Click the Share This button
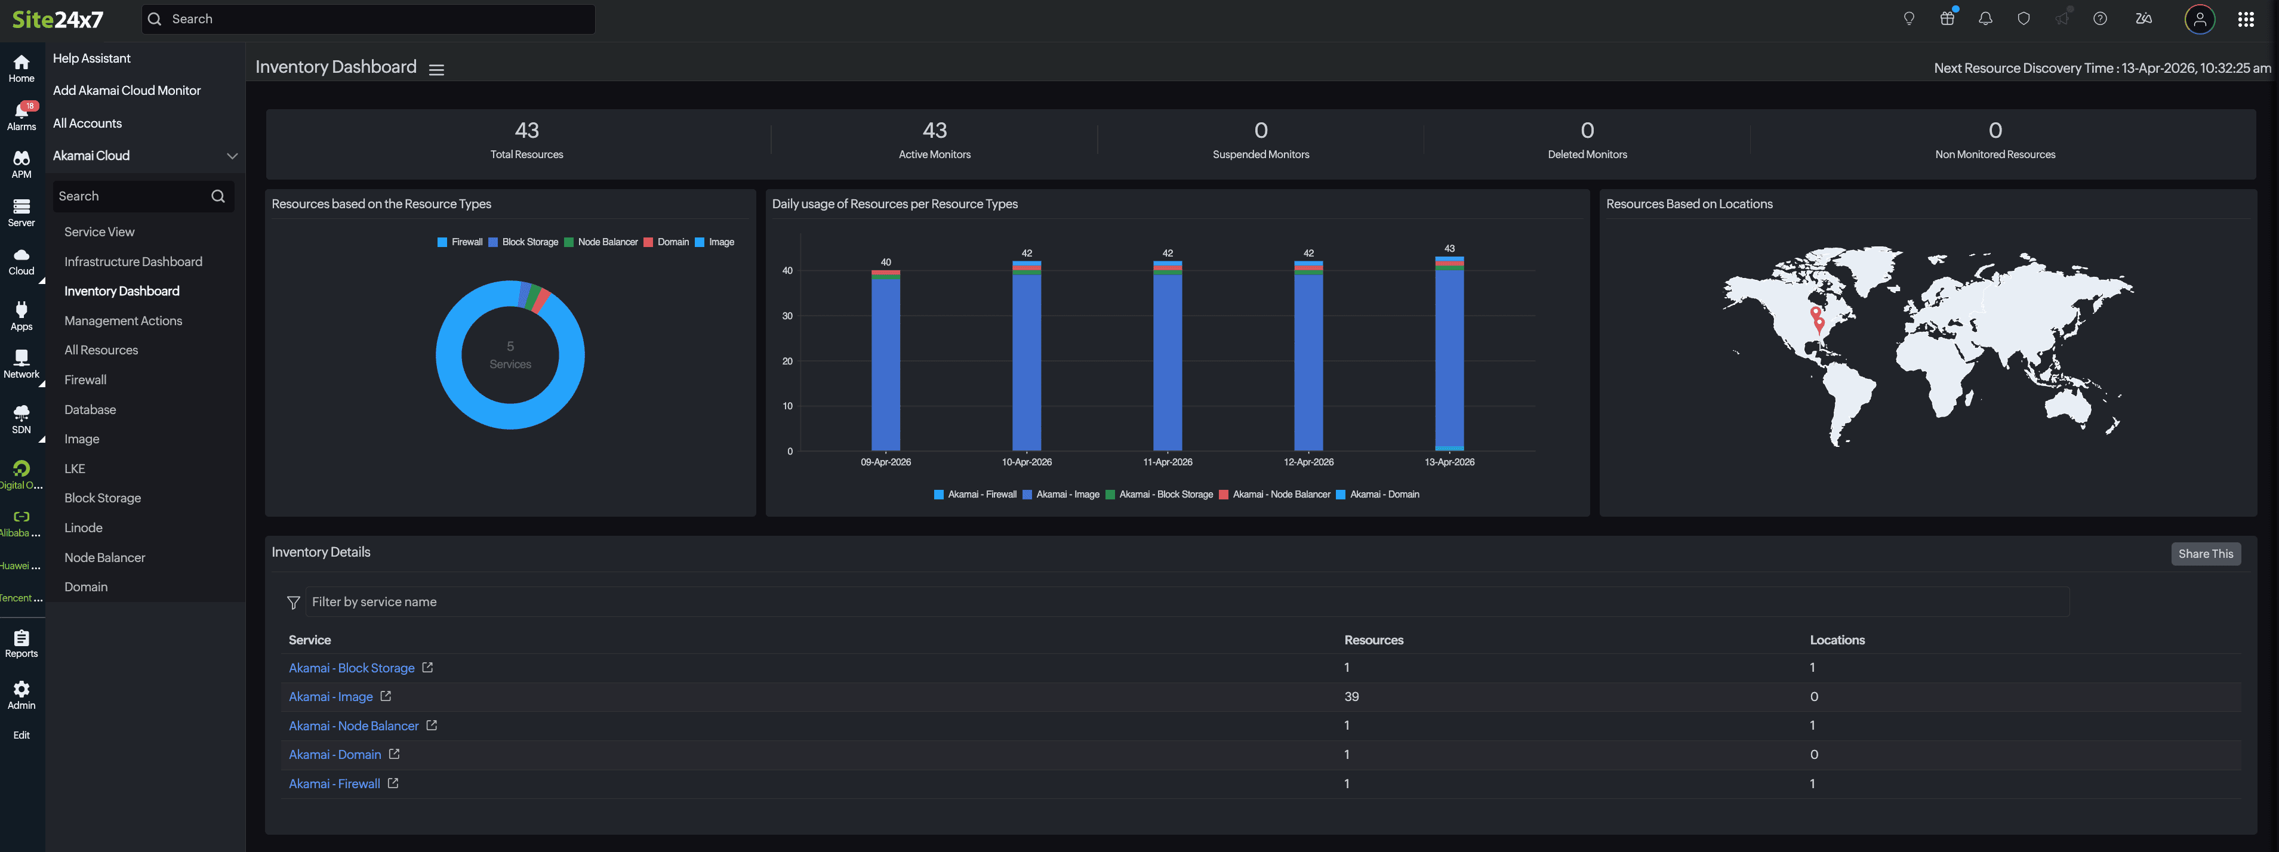point(2205,554)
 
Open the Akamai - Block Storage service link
point(351,668)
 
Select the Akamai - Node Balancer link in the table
point(353,726)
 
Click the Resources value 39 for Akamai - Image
point(1351,696)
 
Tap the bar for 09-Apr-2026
point(886,363)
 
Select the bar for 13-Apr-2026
point(1449,354)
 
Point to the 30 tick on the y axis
point(787,316)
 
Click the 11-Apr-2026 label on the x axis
point(1167,462)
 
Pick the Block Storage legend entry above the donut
point(529,242)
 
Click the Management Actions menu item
point(123,320)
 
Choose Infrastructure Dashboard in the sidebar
point(133,262)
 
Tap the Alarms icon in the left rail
point(21,115)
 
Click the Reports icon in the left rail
point(21,643)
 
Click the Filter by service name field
point(1185,601)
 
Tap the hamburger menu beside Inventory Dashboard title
point(436,69)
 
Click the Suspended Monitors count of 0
point(1261,131)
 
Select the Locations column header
point(1837,640)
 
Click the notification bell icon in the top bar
point(1985,18)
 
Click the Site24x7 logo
point(57,20)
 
